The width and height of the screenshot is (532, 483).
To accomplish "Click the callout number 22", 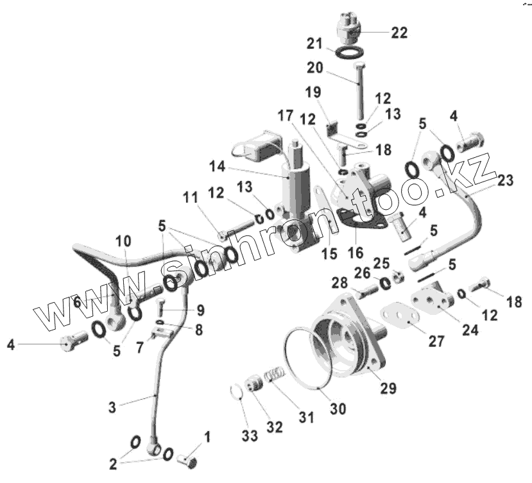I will [x=399, y=33].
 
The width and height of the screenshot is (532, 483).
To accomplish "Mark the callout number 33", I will [x=250, y=436].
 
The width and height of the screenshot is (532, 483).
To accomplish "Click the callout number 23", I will [x=505, y=181].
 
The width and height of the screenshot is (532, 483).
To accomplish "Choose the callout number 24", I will [x=470, y=330].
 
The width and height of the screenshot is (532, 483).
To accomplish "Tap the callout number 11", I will [x=190, y=198].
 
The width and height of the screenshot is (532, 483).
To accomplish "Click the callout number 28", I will [x=339, y=282].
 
